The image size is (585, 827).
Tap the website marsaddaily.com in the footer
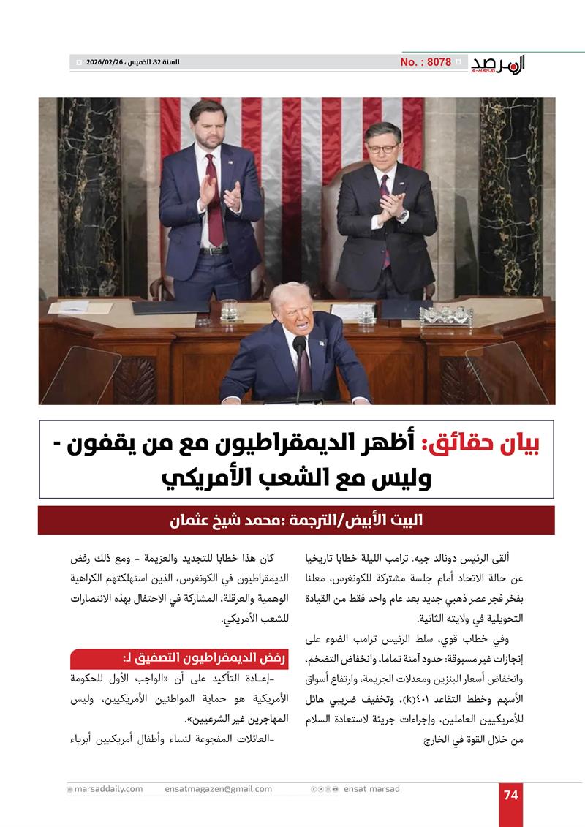pyautogui.click(x=107, y=789)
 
